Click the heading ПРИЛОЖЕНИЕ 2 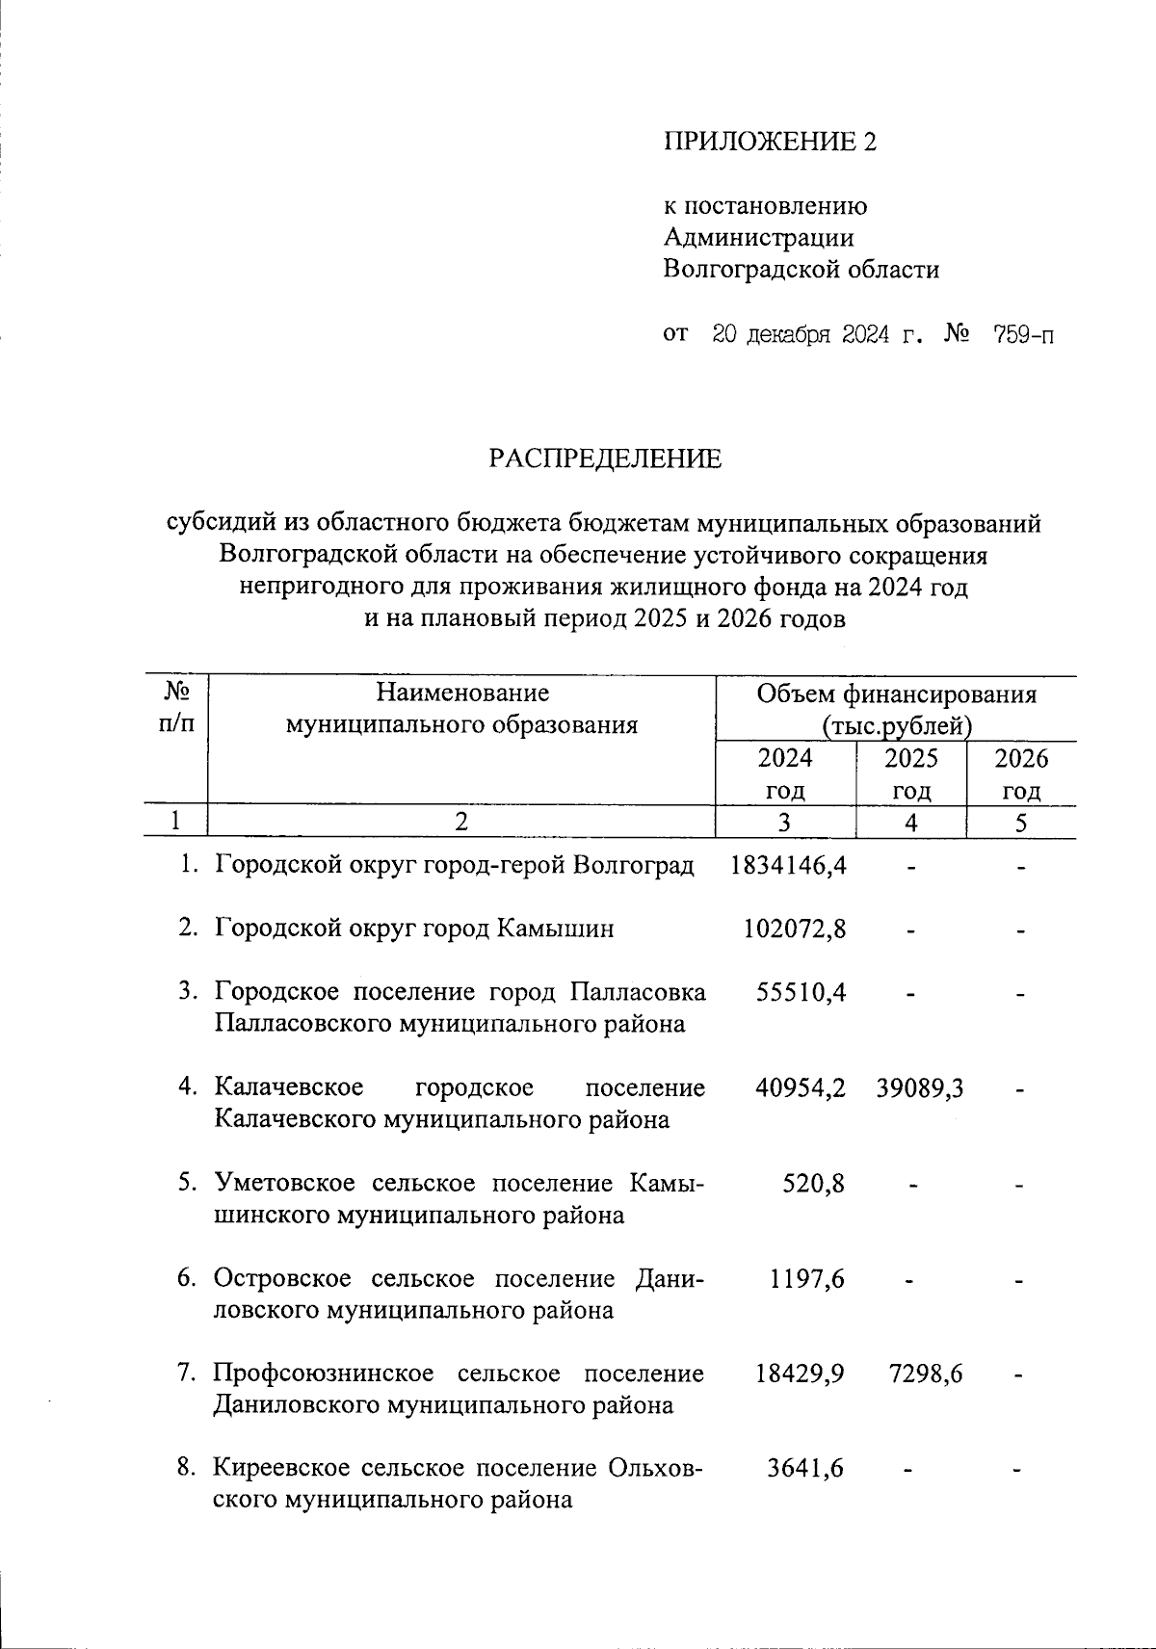(771, 143)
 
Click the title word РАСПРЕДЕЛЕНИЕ (604, 459)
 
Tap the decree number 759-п (1023, 335)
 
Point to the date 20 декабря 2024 (800, 335)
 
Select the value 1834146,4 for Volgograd (788, 865)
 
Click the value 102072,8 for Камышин (795, 929)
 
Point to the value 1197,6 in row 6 (807, 1278)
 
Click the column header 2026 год (1021, 774)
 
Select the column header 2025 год (911, 774)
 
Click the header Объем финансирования (896, 694)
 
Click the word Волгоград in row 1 (634, 865)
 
